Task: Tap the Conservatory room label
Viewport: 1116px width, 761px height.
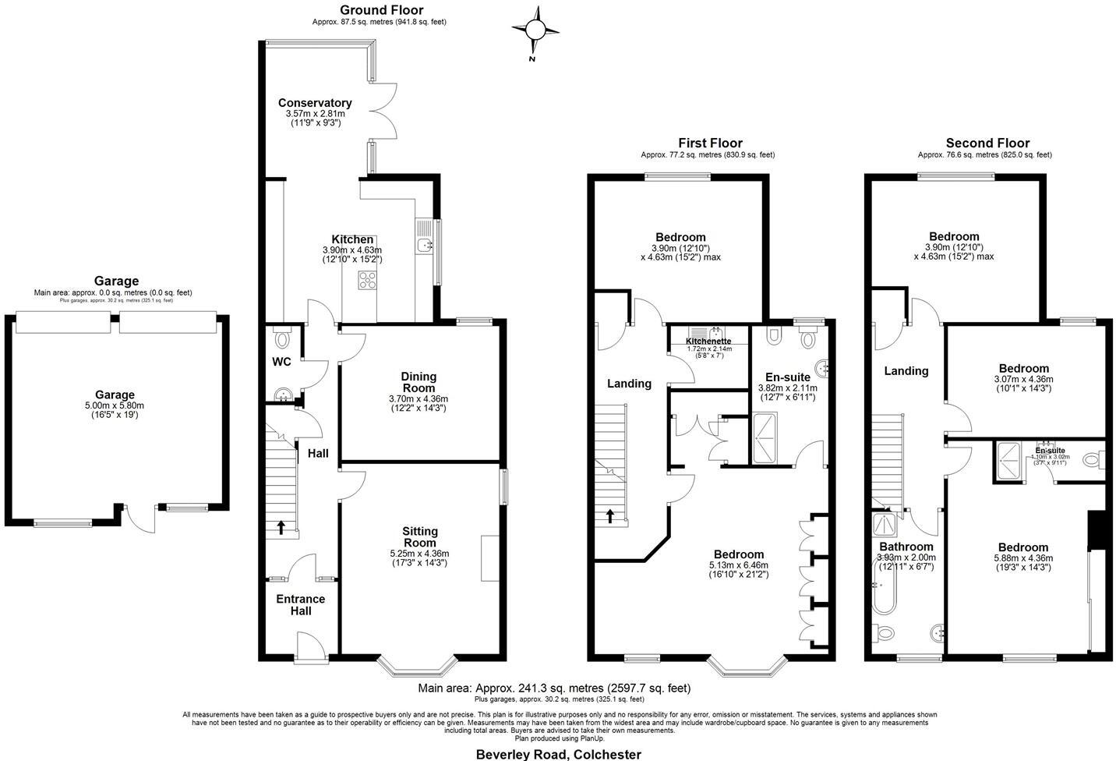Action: click(315, 103)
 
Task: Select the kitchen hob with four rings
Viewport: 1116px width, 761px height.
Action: click(367, 280)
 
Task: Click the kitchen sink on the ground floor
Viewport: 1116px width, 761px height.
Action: click(424, 246)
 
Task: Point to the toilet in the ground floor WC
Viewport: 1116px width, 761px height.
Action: click(282, 339)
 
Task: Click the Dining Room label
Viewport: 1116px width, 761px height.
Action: click(418, 382)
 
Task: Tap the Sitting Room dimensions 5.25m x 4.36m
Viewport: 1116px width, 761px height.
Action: click(419, 554)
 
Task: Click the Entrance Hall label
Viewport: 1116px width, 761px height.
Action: click(301, 605)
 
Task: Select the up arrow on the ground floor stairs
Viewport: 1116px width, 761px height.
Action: click(281, 528)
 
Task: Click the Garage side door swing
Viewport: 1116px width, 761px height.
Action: click(139, 519)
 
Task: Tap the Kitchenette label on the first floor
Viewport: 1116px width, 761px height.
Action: click(708, 341)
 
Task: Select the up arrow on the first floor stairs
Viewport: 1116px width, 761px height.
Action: click(610, 516)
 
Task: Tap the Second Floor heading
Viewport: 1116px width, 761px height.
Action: click(987, 143)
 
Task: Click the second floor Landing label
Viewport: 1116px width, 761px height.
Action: click(906, 371)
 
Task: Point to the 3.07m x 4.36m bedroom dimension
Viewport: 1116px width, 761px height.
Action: click(1023, 380)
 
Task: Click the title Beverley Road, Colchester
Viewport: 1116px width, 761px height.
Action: click(558, 754)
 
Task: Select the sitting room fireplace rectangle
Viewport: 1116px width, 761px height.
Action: click(490, 558)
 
